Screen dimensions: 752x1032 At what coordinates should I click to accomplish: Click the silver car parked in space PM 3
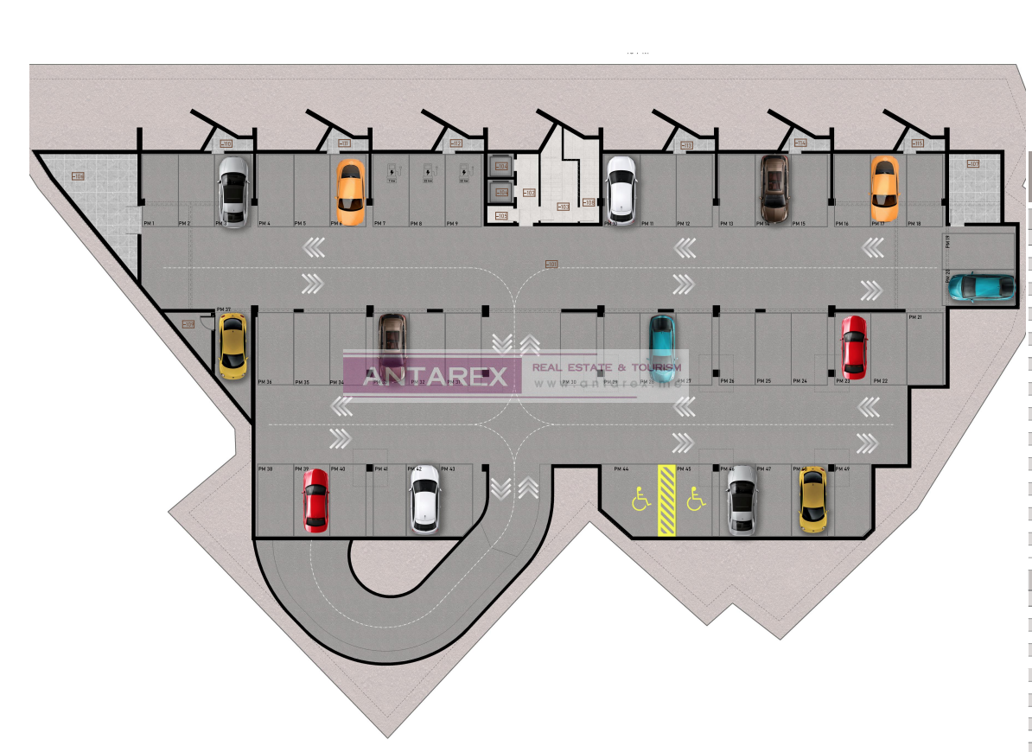coord(233,191)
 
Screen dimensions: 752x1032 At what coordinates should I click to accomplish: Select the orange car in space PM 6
coord(350,188)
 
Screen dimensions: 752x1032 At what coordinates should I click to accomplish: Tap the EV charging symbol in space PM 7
coord(391,170)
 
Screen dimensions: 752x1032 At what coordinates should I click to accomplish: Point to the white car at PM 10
coord(621,190)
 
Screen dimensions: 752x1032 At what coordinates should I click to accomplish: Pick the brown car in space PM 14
coord(774,188)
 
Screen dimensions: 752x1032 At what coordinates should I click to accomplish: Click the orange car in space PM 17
coord(884,188)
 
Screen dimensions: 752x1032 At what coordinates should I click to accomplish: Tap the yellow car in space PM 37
coord(232,346)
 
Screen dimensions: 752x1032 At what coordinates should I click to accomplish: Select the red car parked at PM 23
coord(854,347)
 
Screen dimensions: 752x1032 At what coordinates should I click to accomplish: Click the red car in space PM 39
coord(315,500)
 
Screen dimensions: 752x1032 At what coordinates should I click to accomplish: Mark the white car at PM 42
coord(424,500)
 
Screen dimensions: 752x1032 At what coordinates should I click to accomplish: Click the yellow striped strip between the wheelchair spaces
coord(666,500)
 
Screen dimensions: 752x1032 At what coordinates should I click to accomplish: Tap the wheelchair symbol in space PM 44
coord(640,499)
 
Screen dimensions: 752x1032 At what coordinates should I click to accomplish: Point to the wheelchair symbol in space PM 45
coord(695,498)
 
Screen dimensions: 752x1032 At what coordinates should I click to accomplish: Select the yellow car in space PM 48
coord(812,500)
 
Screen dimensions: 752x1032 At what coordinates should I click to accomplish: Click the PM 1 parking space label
coord(149,224)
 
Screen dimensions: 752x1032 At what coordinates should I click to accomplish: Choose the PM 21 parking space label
coord(914,317)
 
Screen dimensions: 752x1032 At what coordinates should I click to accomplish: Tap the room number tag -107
coord(973,164)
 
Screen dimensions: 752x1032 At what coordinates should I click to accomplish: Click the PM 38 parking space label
coord(264,469)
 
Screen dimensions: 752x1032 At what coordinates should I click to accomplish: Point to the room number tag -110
coord(226,143)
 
